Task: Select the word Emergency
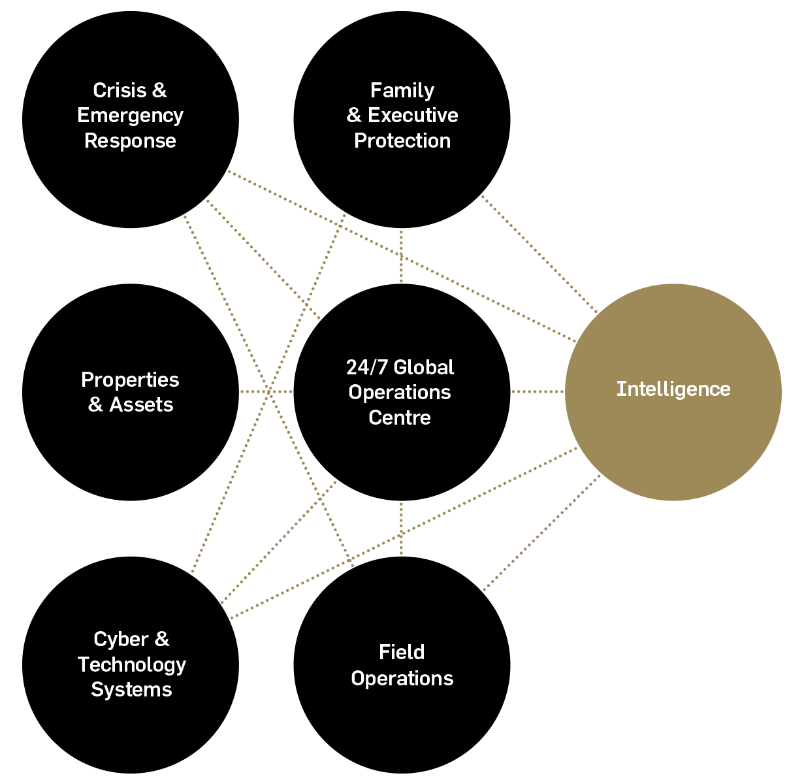click(130, 116)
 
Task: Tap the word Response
click(130, 141)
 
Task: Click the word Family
click(402, 90)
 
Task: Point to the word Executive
click(413, 116)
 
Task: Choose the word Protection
click(402, 141)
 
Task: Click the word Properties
click(130, 380)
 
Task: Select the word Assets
click(141, 405)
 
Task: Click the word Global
click(424, 368)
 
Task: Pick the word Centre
click(400, 418)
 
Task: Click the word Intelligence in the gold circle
click(673, 389)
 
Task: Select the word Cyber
click(121, 639)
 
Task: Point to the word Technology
click(132, 664)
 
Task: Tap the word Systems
click(131, 690)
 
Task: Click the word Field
click(402, 653)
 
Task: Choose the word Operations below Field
click(402, 679)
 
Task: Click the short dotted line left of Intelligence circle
click(537, 392)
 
